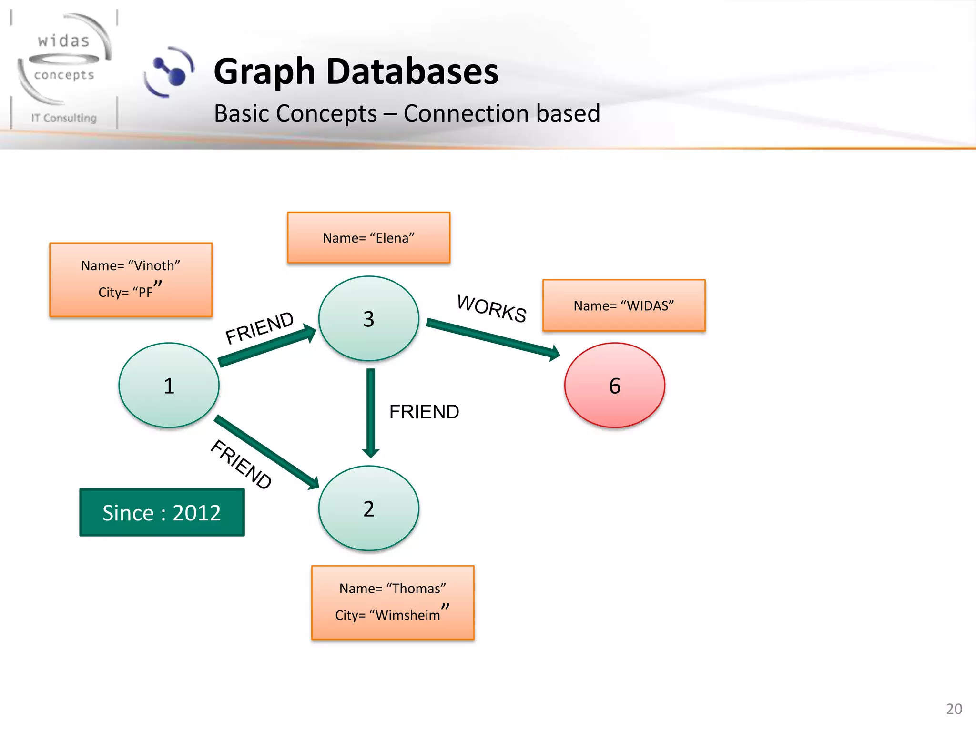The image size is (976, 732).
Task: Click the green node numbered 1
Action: click(x=169, y=385)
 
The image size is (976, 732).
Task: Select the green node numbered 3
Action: click(x=368, y=318)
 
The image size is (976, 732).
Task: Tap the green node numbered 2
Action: click(x=368, y=508)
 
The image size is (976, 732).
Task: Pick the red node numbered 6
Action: click(x=614, y=385)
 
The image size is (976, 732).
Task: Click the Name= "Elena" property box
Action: click(x=368, y=237)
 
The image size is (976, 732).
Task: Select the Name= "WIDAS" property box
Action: click(x=623, y=305)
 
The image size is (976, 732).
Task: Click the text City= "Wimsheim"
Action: click(x=391, y=614)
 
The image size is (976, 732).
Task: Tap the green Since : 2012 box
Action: click(x=162, y=512)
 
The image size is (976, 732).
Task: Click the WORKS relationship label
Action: click(x=491, y=308)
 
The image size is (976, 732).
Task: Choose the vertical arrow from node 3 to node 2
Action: click(x=371, y=412)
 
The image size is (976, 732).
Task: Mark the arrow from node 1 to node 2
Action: click(x=266, y=452)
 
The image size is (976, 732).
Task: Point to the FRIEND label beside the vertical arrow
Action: click(x=424, y=412)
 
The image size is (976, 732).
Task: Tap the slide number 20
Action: click(x=954, y=709)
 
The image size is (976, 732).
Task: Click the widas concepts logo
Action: click(x=64, y=67)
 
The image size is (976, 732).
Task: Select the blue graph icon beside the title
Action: click(x=169, y=71)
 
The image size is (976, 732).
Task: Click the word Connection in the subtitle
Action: click(x=465, y=113)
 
